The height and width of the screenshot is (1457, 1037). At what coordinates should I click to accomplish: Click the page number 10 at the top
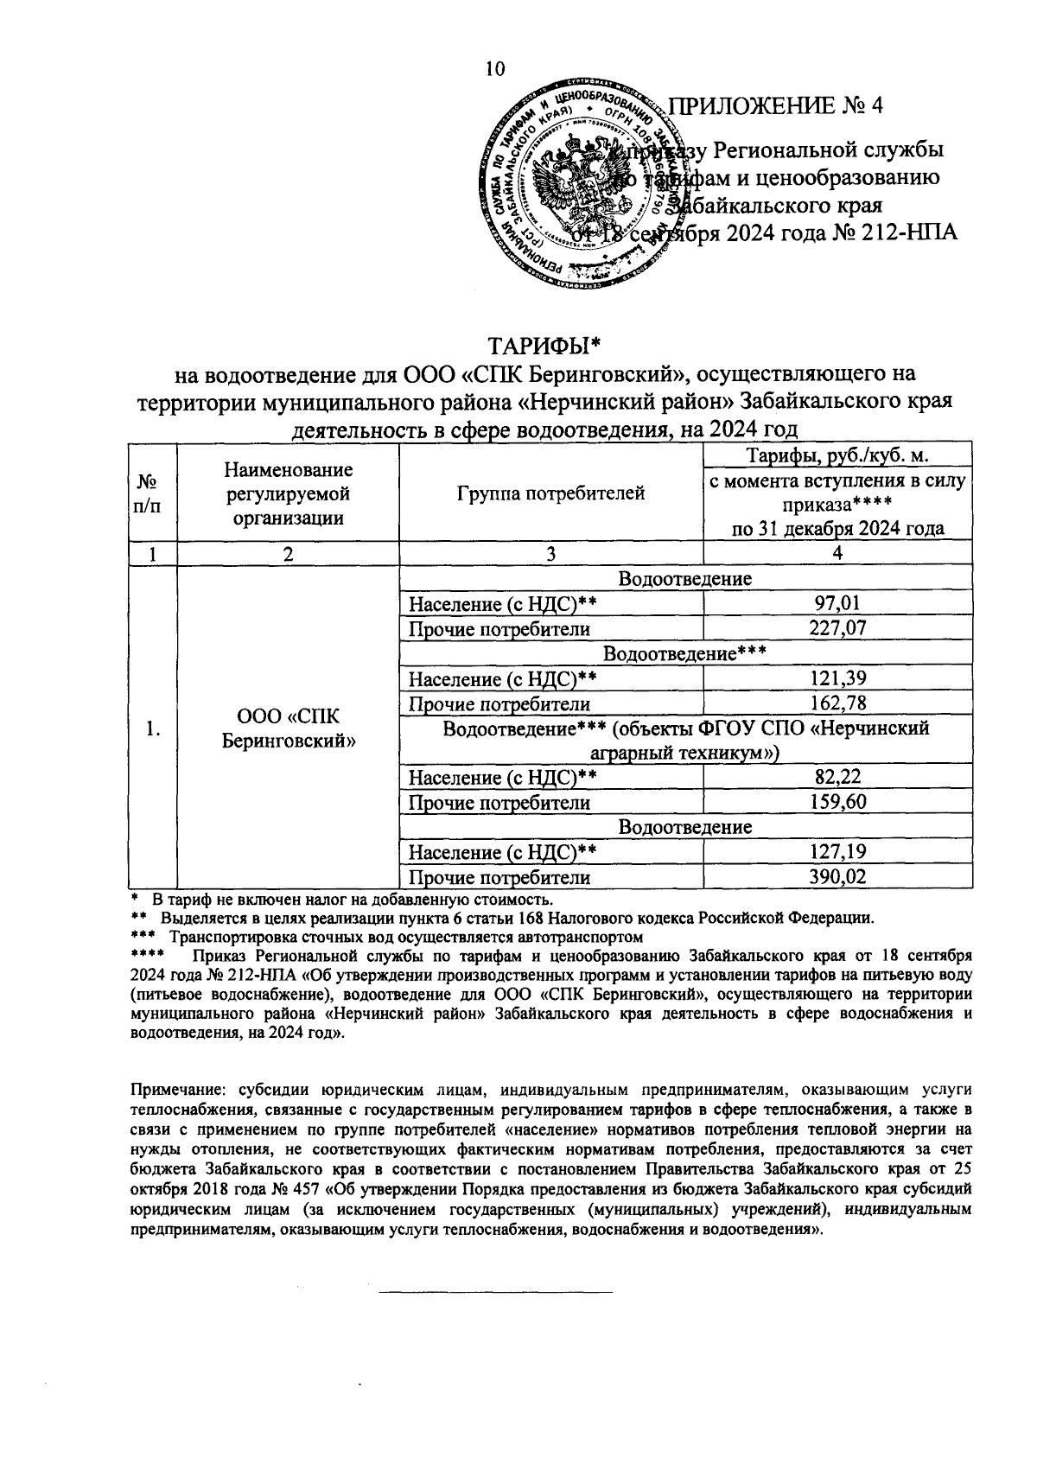pos(495,69)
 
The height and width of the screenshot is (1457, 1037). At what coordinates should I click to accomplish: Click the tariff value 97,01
pos(837,603)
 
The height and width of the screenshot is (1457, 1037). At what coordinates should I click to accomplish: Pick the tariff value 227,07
pos(837,628)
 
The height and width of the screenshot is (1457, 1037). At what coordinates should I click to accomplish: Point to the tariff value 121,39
pos(837,678)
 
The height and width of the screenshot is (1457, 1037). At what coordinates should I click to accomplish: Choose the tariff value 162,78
pos(837,703)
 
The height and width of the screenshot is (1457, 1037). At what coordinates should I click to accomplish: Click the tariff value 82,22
pos(837,778)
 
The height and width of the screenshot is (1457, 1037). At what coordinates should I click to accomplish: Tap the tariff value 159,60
pos(837,803)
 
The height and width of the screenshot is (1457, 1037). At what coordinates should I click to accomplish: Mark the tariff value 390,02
pos(837,878)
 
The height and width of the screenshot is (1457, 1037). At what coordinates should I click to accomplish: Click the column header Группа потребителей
pos(550,493)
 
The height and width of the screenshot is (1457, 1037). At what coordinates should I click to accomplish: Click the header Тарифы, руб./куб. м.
pos(837,456)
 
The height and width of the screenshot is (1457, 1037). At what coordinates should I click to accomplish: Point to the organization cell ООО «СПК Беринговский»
pos(288,728)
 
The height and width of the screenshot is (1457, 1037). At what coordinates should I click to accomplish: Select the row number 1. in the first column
pos(152,728)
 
